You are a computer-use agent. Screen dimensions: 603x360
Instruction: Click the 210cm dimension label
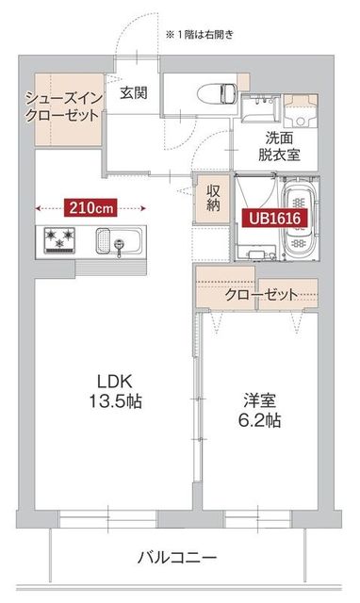tap(90, 206)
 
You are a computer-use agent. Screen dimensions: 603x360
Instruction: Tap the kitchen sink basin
tap(119, 241)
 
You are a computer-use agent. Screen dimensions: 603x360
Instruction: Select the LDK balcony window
tap(109, 519)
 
